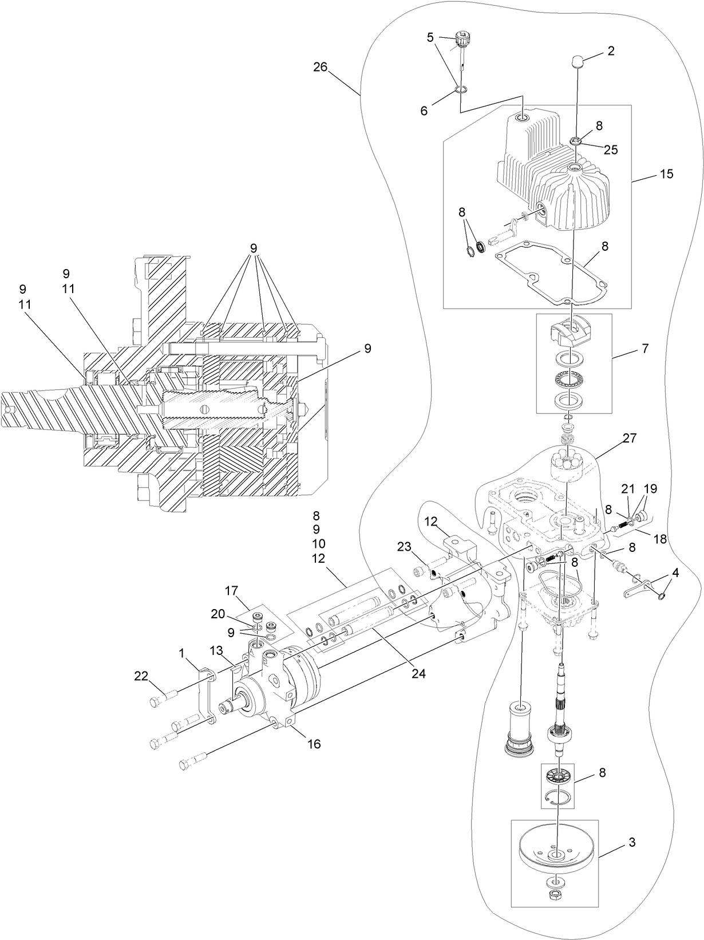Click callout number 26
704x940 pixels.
point(320,67)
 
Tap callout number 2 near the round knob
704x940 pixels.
point(611,51)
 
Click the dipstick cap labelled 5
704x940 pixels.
point(461,41)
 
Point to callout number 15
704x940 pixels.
point(666,173)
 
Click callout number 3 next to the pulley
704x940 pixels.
point(631,842)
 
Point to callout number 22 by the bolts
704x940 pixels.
point(141,676)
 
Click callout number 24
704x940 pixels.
point(418,674)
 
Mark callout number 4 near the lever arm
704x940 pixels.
point(676,571)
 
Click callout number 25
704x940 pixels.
point(611,149)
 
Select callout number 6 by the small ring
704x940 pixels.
point(424,111)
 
